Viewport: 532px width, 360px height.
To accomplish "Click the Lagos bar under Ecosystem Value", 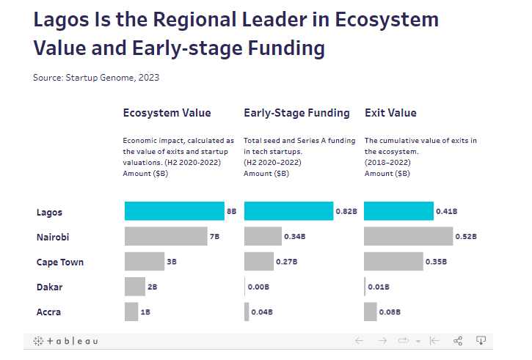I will point(174,211).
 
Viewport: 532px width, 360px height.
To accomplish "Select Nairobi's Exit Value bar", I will point(408,236).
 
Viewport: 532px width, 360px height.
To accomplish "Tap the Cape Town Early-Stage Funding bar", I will point(258,261).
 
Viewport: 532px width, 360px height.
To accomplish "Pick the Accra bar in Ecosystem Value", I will point(131,312).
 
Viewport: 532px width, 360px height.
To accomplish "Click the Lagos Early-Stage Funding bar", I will point(288,211).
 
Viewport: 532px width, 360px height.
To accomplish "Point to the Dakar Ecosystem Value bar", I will point(135,287).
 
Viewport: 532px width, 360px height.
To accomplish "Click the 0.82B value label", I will point(346,211).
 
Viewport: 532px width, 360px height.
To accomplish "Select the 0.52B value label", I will point(465,236).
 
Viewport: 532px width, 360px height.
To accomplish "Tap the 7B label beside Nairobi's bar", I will point(214,236).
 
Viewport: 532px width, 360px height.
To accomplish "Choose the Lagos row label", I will point(49,213).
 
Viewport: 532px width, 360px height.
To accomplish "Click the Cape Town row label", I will point(60,262).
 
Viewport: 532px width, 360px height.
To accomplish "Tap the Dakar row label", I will point(49,287).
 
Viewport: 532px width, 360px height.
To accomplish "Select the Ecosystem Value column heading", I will point(167,113).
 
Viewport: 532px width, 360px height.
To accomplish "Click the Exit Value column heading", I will point(390,113).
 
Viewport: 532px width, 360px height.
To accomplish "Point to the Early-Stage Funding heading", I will point(296,113).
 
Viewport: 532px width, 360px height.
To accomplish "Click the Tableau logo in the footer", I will point(65,341).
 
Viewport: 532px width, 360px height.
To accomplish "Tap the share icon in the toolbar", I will point(458,341).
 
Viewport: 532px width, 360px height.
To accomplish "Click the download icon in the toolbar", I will point(481,340).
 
